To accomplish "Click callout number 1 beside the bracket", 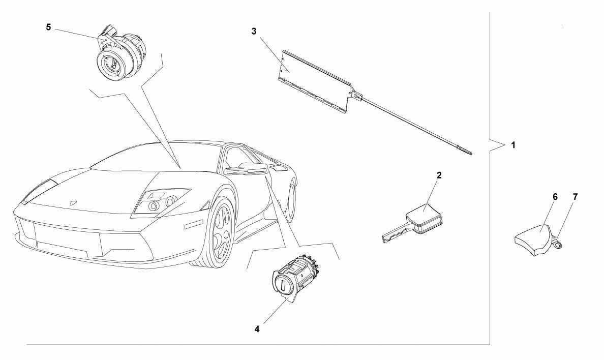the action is coord(512,145).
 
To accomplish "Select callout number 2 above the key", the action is coord(439,175).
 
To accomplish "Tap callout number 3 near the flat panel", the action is coord(254,31).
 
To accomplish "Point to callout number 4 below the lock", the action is coord(257,329).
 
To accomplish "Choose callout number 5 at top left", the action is coord(48,27).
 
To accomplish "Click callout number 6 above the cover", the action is coord(555,197).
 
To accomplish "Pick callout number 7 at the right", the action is coord(575,197).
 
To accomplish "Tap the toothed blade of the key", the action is coord(395,233).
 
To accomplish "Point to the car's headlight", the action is coord(161,201).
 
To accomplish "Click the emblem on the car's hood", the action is coord(72,201).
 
